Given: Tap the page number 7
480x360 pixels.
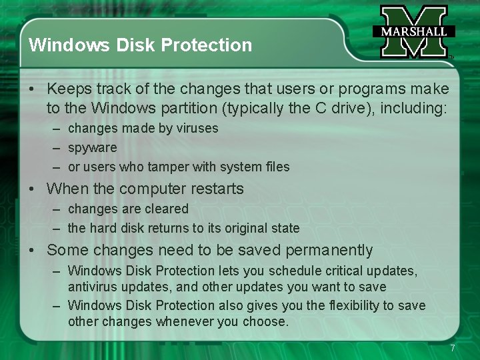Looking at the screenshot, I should [x=453, y=348].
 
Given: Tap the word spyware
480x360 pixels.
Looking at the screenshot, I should [x=92, y=148].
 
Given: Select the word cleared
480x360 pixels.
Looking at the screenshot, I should [x=166, y=209].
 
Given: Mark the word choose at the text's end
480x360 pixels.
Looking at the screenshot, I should [x=267, y=322].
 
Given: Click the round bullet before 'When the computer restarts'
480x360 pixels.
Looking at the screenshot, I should [x=32, y=189].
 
